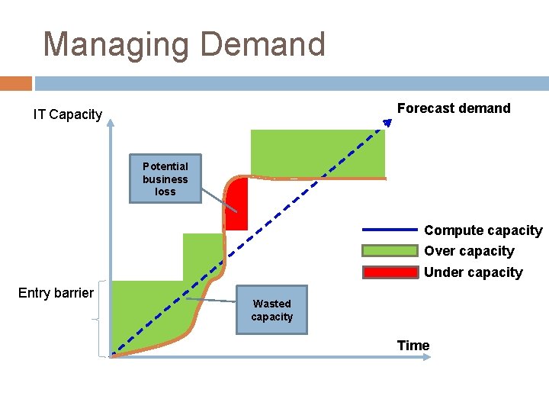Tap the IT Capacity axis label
(68, 114)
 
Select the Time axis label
(413, 346)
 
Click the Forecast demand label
(454, 108)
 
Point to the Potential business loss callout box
(165, 179)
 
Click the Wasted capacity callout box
(271, 310)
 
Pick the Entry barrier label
(56, 293)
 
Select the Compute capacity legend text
(483, 230)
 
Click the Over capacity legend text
(469, 251)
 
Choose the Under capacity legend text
(474, 272)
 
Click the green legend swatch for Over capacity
(390, 251)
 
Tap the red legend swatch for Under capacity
(390, 272)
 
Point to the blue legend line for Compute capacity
(390, 230)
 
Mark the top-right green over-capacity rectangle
(317, 153)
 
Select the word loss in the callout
(165, 192)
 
